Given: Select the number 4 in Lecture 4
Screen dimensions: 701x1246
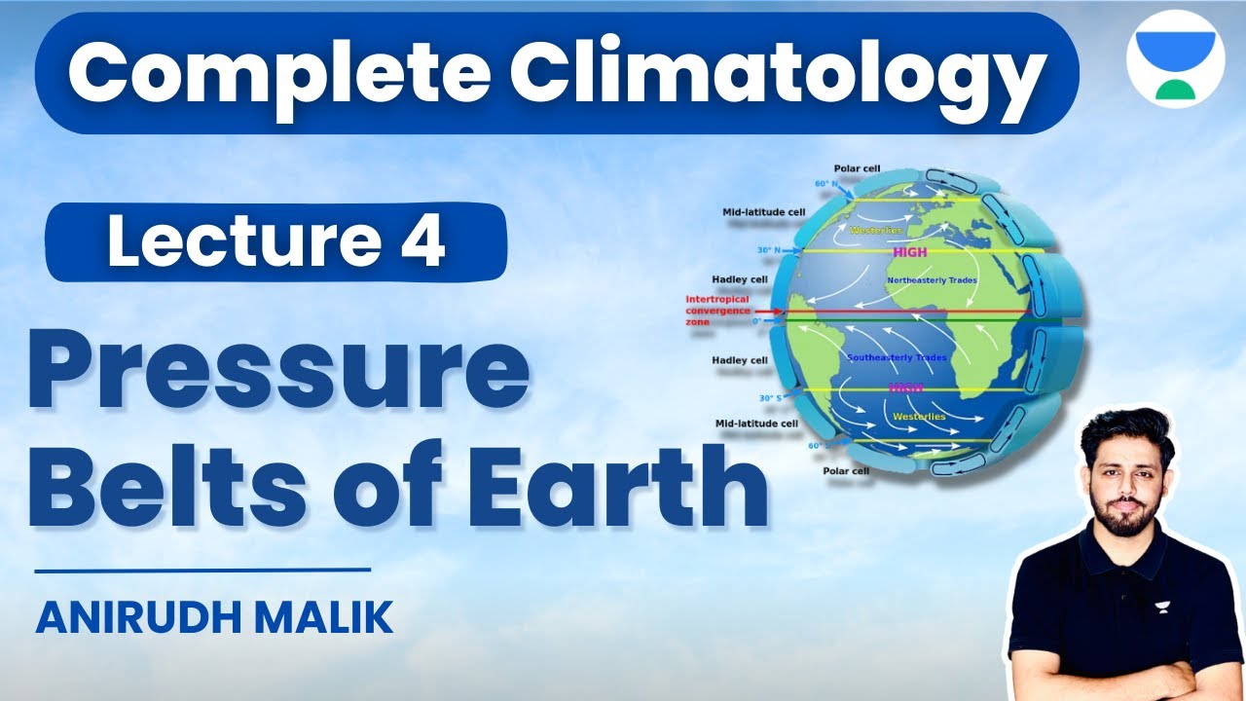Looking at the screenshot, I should point(421,242).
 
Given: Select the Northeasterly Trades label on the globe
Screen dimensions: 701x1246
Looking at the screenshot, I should point(933,280).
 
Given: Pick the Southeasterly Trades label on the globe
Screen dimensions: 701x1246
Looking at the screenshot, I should point(897,357).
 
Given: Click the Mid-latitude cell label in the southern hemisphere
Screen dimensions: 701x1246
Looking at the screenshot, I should point(755,424).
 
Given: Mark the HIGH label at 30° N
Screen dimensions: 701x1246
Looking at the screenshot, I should point(911,251).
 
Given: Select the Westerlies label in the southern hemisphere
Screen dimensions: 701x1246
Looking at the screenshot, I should point(919,417).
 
